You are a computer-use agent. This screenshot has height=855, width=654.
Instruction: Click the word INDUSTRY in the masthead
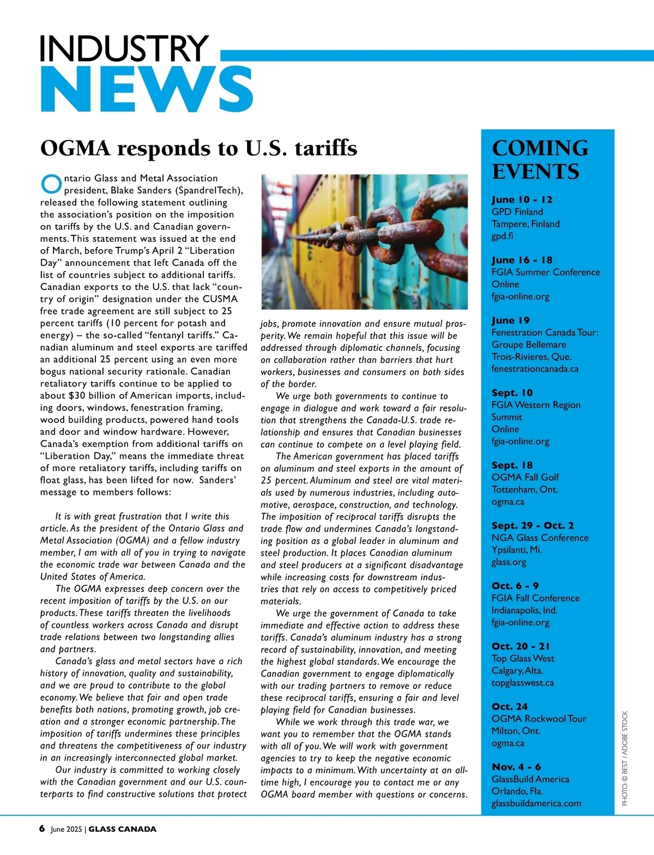click(x=124, y=48)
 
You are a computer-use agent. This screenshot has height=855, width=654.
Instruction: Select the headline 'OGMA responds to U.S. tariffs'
click(x=199, y=148)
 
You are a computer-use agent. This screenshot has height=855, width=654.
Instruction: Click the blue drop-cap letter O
click(x=51, y=184)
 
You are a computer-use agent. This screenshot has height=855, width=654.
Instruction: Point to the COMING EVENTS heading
click(x=540, y=160)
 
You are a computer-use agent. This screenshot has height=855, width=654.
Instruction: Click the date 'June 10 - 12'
click(x=522, y=199)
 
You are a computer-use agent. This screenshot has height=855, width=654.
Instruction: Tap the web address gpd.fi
click(x=502, y=236)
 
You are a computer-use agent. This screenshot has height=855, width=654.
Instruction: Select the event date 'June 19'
click(x=510, y=320)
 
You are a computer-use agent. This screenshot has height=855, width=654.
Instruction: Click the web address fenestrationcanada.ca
click(x=535, y=368)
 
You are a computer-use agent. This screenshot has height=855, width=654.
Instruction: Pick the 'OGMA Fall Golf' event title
click(x=525, y=477)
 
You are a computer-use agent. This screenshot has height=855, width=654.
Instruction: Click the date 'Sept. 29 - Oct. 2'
click(x=532, y=525)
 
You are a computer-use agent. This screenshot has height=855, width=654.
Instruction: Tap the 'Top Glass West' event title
click(x=523, y=658)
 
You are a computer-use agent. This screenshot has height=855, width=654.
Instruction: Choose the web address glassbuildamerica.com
click(x=536, y=803)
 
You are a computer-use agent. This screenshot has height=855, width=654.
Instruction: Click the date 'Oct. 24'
click(x=510, y=706)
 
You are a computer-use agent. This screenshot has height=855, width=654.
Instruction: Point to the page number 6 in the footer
click(x=42, y=828)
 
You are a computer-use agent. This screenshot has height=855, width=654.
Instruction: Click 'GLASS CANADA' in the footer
click(x=122, y=829)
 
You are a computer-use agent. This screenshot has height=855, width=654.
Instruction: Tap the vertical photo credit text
click(x=625, y=758)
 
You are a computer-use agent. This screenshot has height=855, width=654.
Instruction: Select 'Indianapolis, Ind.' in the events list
click(x=524, y=610)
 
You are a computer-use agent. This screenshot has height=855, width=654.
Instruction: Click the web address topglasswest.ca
click(x=522, y=683)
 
